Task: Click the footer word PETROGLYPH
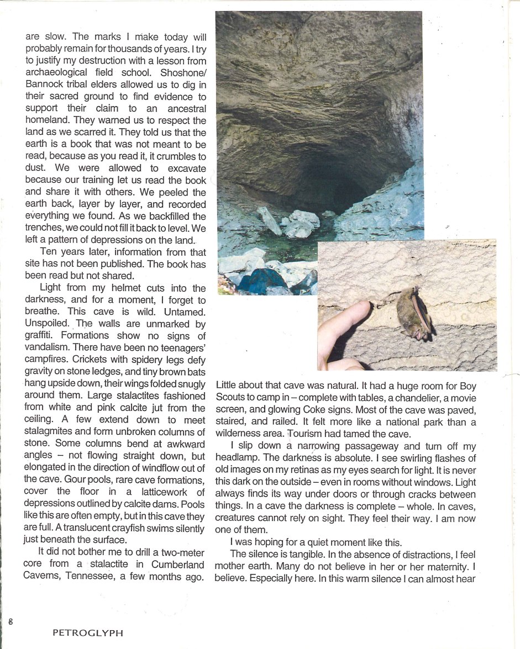87,634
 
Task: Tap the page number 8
10,621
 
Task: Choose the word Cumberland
178,564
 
